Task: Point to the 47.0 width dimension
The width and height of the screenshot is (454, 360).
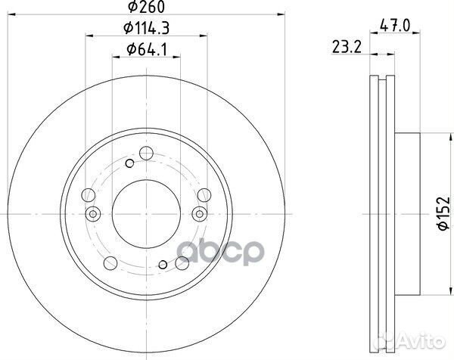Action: (395, 25)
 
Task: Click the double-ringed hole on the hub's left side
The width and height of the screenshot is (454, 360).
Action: (92, 214)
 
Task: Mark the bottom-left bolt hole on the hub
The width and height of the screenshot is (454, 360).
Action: (110, 262)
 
